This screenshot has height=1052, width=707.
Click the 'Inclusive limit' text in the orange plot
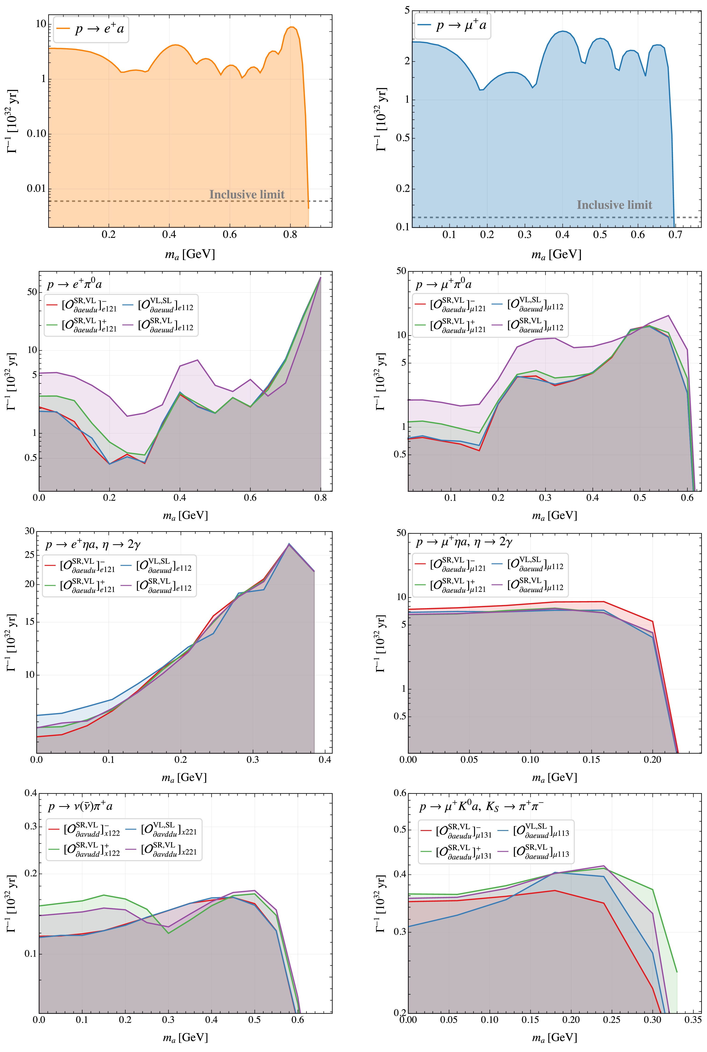(x=247, y=195)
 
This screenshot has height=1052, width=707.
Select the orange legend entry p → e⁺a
(x=91, y=29)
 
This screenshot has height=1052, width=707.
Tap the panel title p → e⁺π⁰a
(x=74, y=285)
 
